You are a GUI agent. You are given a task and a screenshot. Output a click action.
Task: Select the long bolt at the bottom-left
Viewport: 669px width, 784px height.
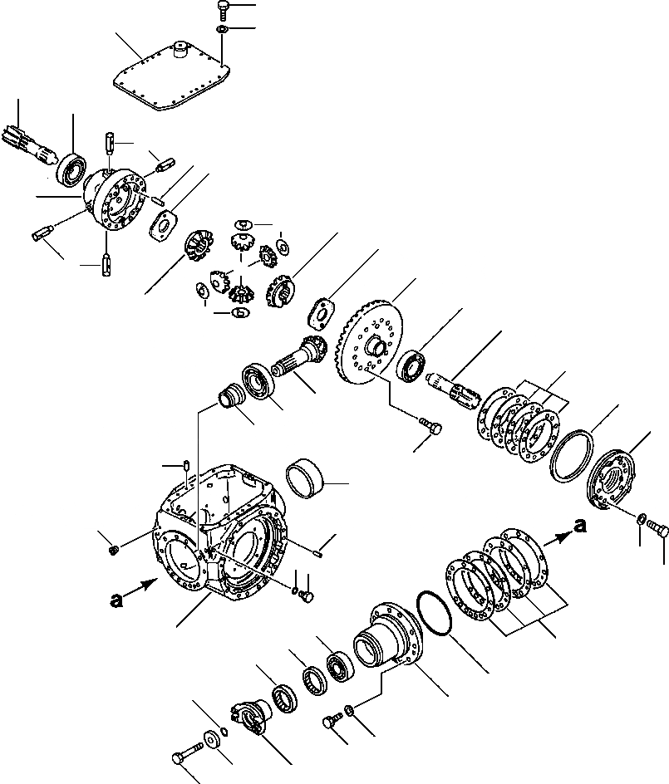(186, 758)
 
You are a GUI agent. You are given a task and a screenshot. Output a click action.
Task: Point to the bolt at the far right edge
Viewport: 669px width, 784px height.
(659, 527)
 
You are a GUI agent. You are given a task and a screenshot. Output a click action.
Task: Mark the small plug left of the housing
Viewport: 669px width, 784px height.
(115, 547)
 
